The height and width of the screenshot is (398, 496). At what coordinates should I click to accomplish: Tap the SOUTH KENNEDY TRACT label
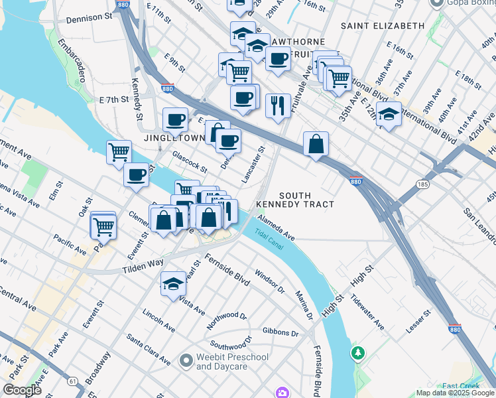(306, 200)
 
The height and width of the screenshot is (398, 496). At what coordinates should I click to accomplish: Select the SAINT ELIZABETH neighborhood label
(383, 26)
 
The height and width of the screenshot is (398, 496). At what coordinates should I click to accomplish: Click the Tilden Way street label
(143, 266)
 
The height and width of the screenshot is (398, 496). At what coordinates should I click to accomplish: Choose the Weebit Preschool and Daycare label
(232, 362)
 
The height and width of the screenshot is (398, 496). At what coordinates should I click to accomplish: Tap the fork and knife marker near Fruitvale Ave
(277, 105)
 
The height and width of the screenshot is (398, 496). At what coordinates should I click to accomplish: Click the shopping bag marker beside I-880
(316, 143)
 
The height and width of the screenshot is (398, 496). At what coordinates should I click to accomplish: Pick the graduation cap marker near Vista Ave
(173, 284)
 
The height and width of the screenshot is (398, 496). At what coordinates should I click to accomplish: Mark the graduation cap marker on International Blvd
(389, 113)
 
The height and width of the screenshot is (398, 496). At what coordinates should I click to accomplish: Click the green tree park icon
(358, 352)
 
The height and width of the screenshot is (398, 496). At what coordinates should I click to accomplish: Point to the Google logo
(22, 390)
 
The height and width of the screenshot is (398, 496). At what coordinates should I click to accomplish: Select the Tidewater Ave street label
(369, 314)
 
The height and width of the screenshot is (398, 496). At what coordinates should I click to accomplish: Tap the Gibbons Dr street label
(280, 332)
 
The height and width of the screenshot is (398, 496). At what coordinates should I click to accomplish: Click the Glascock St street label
(190, 162)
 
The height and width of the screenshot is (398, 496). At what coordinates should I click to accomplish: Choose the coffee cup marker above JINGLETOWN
(176, 120)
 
